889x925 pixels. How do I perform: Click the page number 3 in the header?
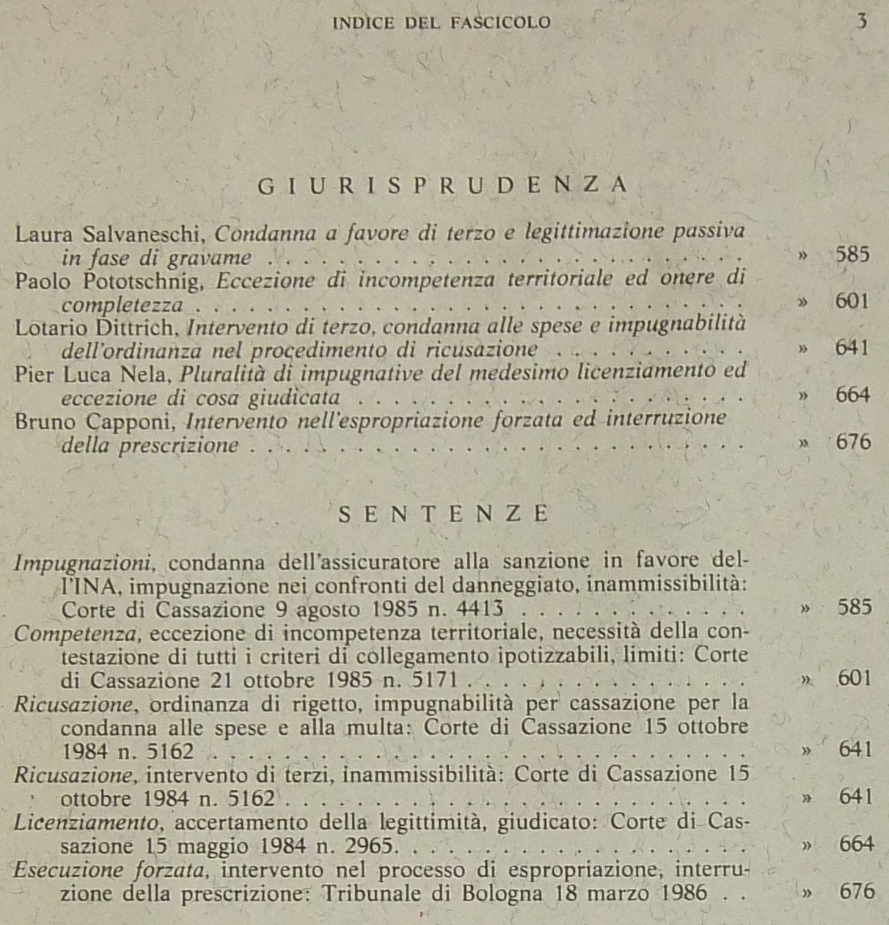[861, 21]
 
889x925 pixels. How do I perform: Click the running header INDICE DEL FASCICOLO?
[442, 23]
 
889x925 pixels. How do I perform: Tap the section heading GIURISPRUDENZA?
[443, 186]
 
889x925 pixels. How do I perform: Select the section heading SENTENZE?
[444, 513]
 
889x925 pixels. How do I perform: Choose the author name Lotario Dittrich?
[94, 328]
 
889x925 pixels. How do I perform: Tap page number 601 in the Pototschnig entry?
[852, 301]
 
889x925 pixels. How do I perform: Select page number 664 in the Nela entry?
[852, 395]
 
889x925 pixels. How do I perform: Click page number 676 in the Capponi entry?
[853, 442]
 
